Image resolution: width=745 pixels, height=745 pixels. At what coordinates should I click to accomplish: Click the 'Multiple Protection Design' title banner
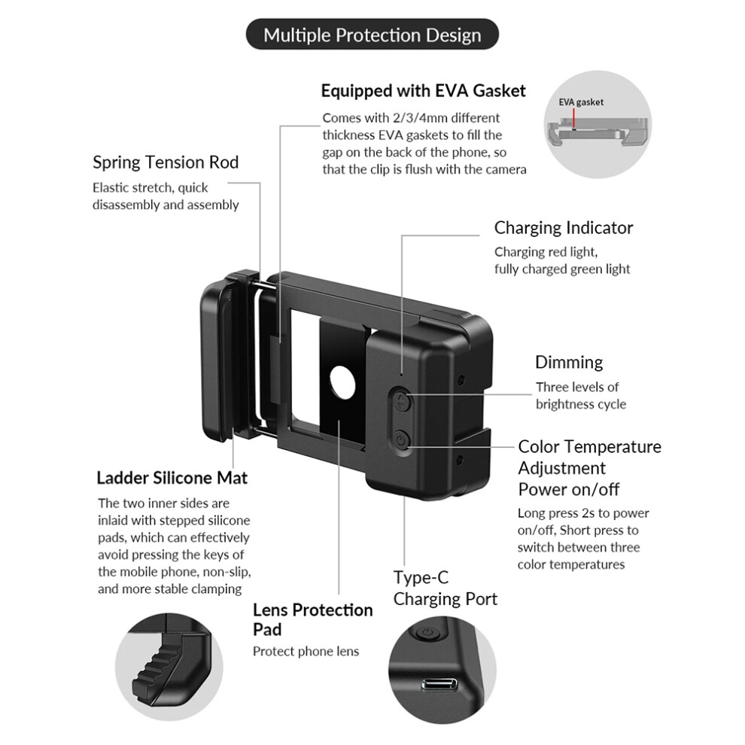pos(372,35)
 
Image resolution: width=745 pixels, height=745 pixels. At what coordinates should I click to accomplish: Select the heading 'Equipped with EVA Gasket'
pos(423,91)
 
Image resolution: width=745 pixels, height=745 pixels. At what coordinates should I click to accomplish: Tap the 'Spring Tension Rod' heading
pos(166,162)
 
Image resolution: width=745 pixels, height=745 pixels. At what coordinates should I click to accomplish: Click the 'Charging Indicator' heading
pos(563,227)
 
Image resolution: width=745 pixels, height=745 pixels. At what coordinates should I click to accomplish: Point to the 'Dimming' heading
pos(568,362)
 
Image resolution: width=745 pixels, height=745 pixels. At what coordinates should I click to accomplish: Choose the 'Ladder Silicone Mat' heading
pos(172,478)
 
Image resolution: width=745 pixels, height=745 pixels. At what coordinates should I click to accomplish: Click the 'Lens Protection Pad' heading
pos(312,619)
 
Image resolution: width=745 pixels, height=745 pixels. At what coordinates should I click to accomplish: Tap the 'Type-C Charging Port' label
pos(445,588)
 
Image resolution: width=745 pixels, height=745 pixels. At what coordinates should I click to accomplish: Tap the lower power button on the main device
pos(401,439)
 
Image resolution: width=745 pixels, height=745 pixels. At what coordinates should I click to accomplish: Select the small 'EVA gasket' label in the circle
pos(580,102)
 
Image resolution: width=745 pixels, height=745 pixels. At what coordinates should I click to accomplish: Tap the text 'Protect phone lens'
pos(306,651)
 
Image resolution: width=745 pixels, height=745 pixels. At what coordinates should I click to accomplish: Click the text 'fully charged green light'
pos(562,269)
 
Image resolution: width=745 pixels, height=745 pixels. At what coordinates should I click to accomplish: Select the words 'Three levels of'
pos(576,387)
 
